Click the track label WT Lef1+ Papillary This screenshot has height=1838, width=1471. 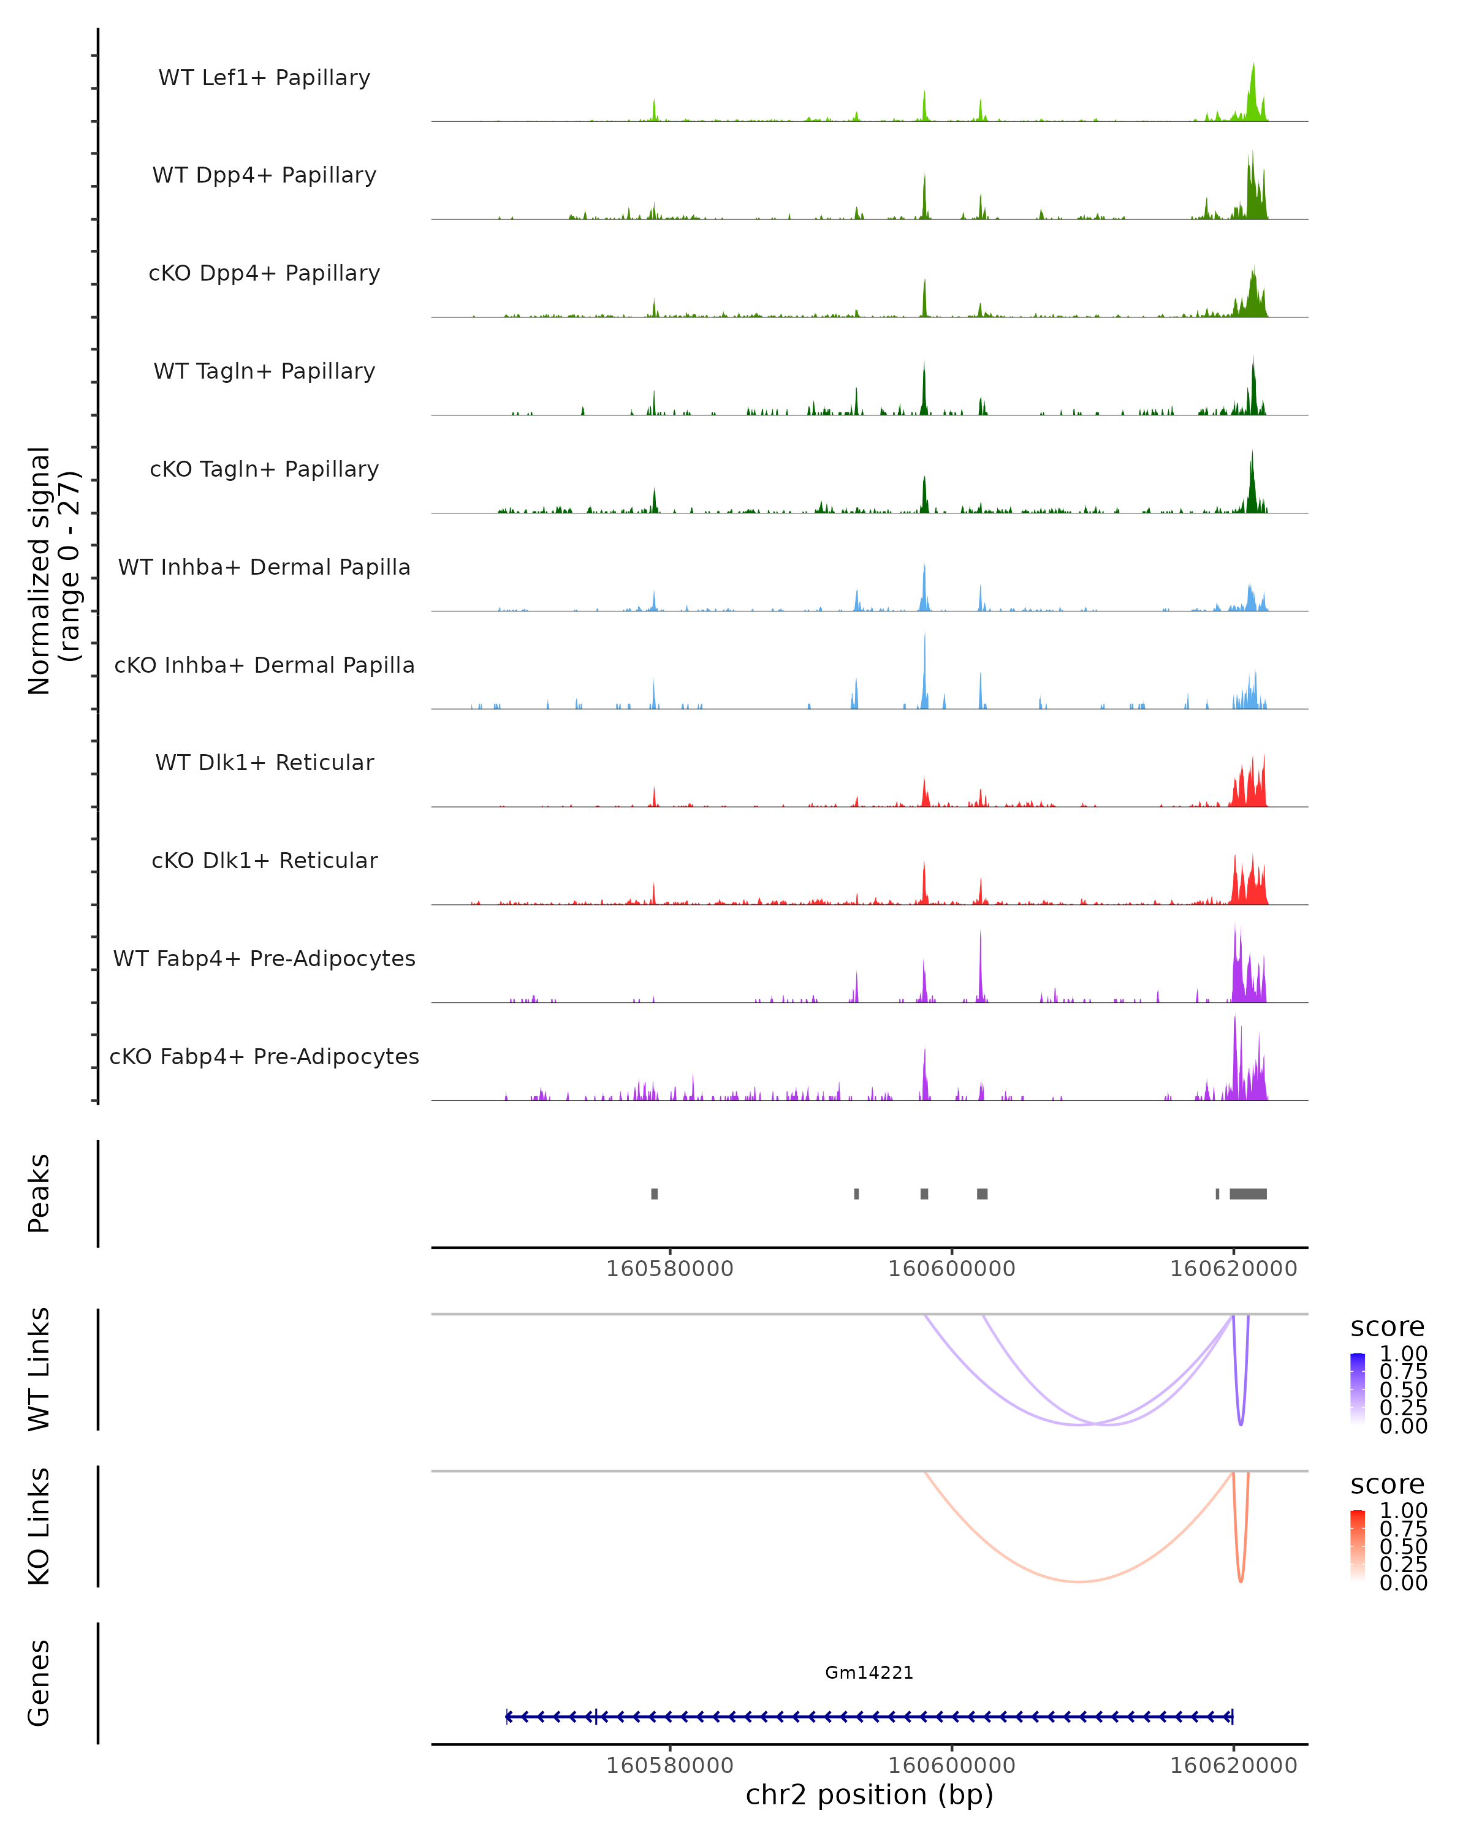(264, 78)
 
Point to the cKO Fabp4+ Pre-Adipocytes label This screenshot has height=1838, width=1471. (264, 1056)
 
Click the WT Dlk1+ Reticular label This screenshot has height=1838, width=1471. (264, 762)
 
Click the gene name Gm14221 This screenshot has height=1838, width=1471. (869, 1673)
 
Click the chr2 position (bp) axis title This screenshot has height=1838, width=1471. (869, 1795)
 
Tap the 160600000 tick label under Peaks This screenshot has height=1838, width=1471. (952, 1269)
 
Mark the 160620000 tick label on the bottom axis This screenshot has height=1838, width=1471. (1233, 1766)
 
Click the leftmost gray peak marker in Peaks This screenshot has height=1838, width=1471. (654, 1193)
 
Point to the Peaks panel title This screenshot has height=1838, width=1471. (39, 1193)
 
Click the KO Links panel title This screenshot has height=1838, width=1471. (39, 1526)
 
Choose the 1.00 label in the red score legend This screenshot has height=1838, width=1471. (1403, 1511)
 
